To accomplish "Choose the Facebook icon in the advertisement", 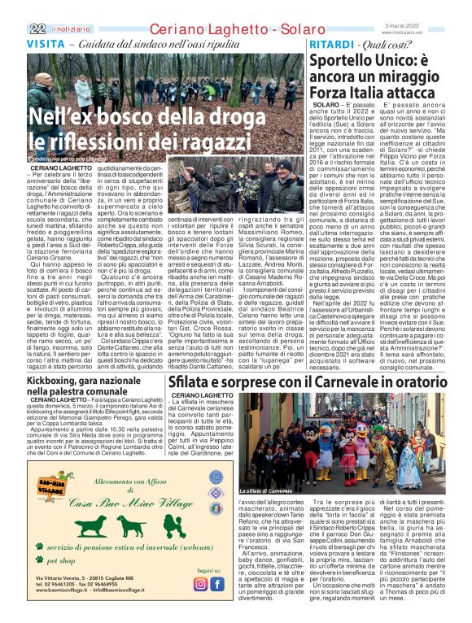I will point(218,583).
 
